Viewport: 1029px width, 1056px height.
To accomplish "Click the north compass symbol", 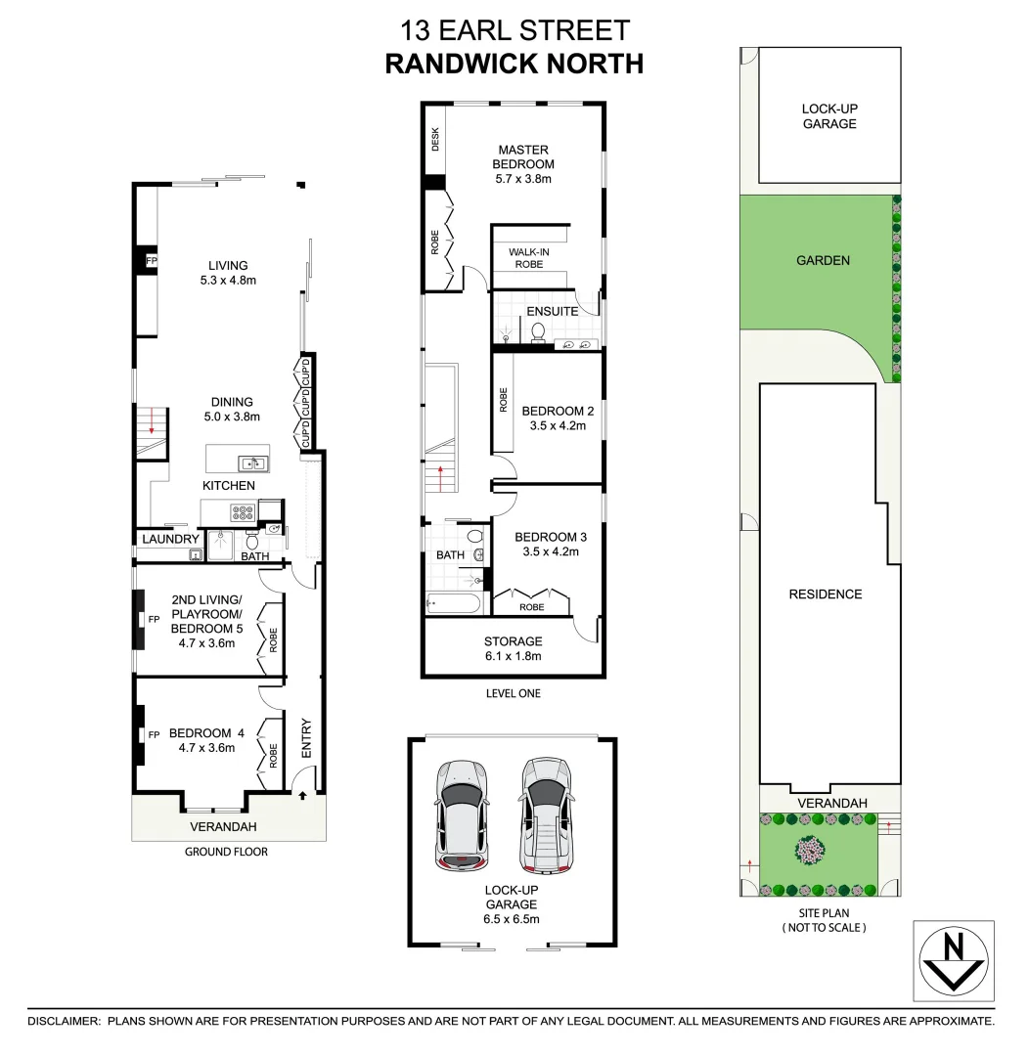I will [x=953, y=960].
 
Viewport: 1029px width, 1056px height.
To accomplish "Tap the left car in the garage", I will [x=461, y=814].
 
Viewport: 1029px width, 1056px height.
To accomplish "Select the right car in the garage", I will [x=545, y=814].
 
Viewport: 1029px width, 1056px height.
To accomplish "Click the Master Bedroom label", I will [x=524, y=164].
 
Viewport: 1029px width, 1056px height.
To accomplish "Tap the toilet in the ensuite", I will [x=536, y=334].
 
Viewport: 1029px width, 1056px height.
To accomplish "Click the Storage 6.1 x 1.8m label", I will [x=513, y=648].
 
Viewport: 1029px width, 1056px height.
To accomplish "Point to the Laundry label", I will [x=170, y=539].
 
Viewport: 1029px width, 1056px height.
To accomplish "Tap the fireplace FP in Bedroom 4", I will [x=154, y=734].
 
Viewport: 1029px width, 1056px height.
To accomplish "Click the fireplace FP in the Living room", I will [x=151, y=262].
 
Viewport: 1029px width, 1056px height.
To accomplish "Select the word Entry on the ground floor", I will [x=306, y=738].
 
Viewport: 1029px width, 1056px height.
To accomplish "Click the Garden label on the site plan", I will [x=823, y=261].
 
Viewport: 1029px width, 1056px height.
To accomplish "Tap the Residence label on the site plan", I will [x=826, y=594].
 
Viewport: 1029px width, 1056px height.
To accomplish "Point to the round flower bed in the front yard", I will [x=811, y=849].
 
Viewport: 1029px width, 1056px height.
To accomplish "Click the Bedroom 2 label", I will [x=558, y=418].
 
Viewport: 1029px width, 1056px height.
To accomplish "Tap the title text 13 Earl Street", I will [x=514, y=30].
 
